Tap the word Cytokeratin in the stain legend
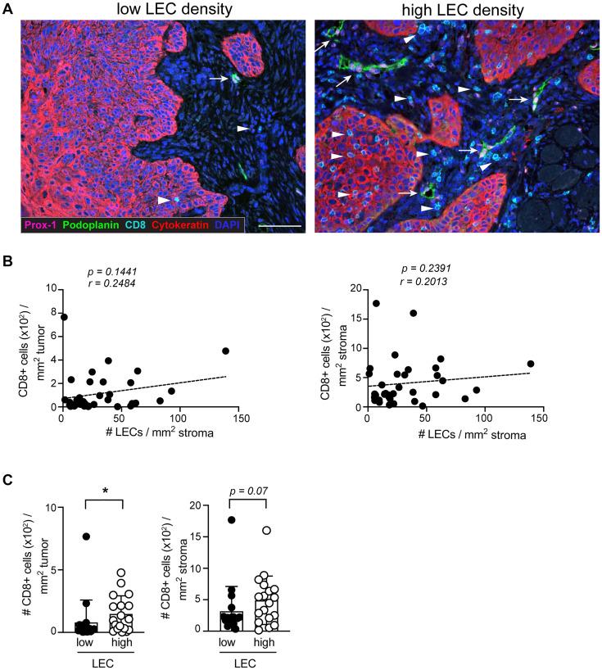[174, 224]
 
